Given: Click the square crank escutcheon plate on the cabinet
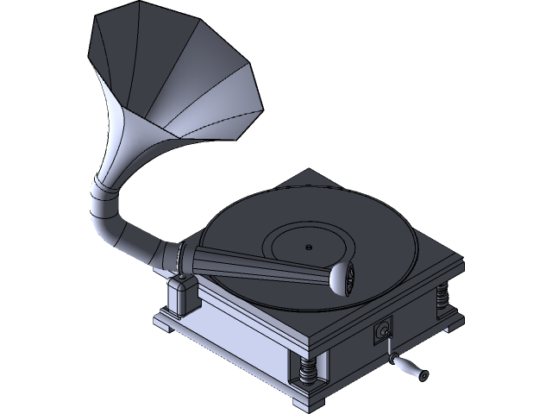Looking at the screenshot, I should tap(382, 328).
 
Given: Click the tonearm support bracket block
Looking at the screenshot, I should tap(183, 295).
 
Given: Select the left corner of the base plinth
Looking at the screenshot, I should tap(160, 323).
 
